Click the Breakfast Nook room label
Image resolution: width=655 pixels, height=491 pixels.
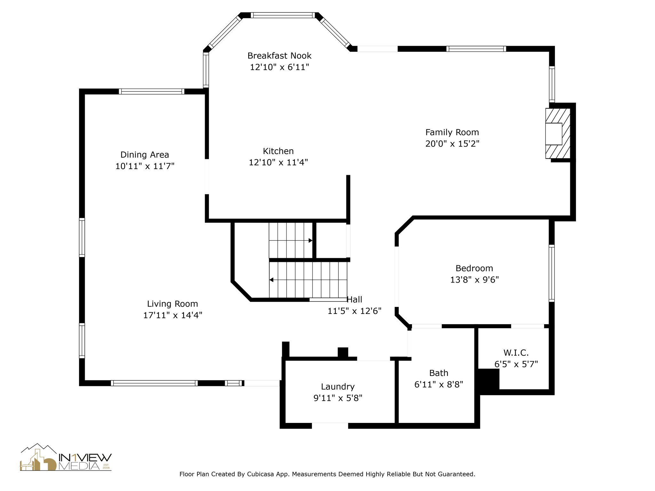tap(279, 56)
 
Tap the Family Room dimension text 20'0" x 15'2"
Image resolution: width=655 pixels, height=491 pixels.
tap(452, 144)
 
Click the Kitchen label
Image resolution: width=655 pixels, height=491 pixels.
tap(278, 151)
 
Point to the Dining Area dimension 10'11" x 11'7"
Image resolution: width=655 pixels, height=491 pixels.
tap(145, 166)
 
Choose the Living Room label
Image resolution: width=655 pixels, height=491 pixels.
tap(172, 304)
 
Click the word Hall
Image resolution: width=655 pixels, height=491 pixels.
tap(354, 300)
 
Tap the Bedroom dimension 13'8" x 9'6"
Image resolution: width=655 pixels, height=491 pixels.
tap(475, 280)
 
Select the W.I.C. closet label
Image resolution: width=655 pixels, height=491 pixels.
tap(516, 353)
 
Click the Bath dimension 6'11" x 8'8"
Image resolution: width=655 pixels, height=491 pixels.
tap(439, 385)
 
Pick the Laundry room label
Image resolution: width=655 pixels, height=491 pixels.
tap(338, 387)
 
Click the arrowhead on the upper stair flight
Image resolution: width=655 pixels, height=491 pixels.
tap(310, 240)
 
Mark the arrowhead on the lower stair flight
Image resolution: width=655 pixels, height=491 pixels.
tap(271, 280)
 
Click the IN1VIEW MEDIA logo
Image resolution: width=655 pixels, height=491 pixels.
tap(66, 457)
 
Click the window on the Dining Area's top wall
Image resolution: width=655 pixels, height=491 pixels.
tap(152, 91)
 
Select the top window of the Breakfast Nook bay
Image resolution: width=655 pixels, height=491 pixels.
tap(283, 15)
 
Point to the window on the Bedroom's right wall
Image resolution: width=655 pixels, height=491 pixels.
tap(552, 273)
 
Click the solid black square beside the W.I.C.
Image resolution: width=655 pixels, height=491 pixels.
tap(488, 379)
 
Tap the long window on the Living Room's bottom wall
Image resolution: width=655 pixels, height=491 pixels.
tap(154, 383)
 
